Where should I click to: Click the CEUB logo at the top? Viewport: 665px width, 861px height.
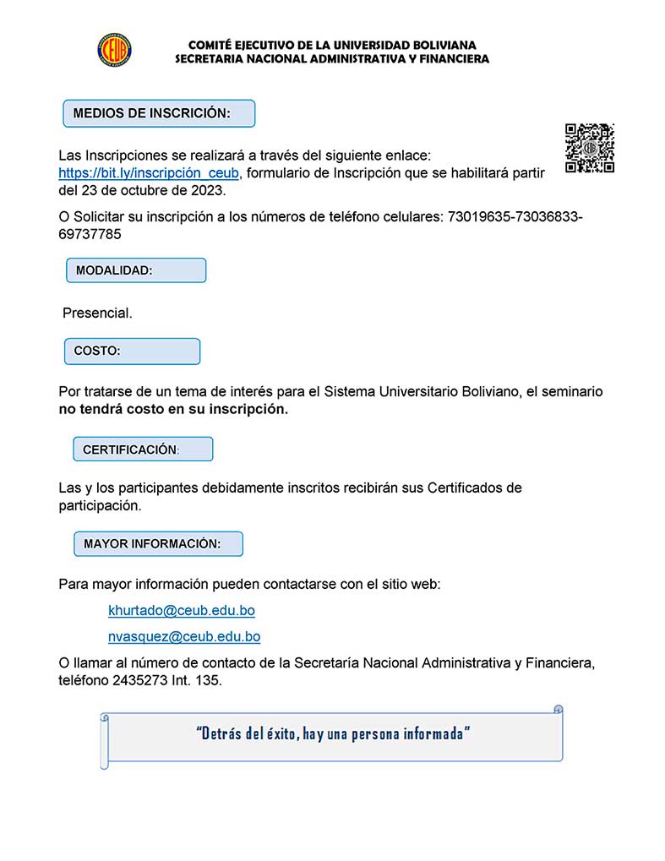click(114, 49)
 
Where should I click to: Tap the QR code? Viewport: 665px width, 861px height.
click(589, 149)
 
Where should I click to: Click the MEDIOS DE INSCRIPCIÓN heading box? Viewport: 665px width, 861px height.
click(159, 113)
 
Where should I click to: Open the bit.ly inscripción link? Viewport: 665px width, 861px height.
click(149, 173)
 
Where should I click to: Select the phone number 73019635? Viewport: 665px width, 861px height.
click(471, 217)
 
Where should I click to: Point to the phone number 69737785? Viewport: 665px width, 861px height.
click(90, 234)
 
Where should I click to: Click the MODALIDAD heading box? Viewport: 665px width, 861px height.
click(136, 270)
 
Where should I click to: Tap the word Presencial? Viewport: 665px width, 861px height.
click(98, 313)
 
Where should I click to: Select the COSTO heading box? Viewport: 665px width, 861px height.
click(133, 351)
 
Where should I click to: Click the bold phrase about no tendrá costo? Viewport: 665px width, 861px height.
click(173, 410)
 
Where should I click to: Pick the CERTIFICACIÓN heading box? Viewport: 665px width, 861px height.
click(143, 450)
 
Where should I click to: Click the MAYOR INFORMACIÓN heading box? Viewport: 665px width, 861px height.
click(158, 544)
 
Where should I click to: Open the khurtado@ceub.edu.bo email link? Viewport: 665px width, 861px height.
click(182, 610)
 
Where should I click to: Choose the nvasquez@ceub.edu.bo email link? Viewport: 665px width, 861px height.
click(184, 637)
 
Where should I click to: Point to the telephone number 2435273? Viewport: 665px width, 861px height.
click(139, 680)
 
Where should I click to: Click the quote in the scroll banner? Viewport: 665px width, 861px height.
click(333, 733)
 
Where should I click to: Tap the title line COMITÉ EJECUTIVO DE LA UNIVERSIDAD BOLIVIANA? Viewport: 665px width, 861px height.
click(332, 44)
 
